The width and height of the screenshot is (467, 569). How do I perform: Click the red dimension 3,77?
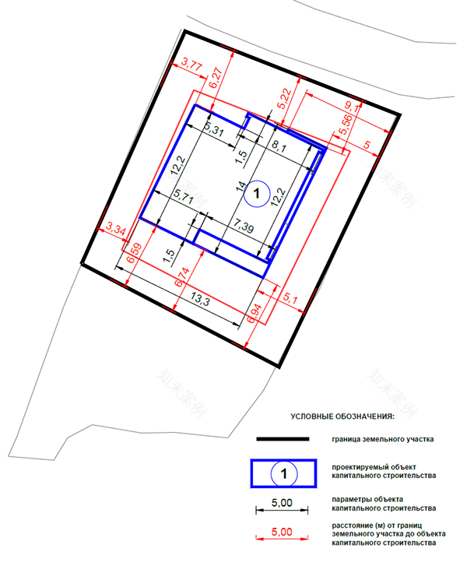pyautogui.click(x=191, y=65)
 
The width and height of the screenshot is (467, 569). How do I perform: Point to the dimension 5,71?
pyautogui.click(x=183, y=195)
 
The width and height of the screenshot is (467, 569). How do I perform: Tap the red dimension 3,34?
pyautogui.click(x=115, y=230)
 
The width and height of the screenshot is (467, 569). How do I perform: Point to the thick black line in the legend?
pyautogui.click(x=283, y=440)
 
